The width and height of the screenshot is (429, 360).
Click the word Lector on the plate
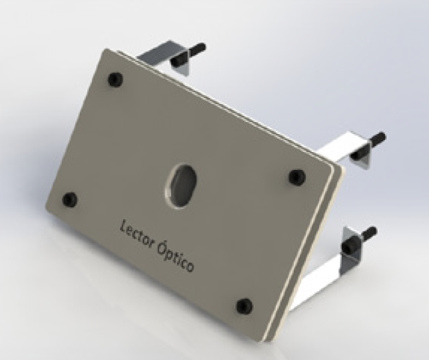(137, 233)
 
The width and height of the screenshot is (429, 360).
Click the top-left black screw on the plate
(115, 79)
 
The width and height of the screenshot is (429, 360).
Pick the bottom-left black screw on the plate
(70, 199)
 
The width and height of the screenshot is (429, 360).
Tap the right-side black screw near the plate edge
(297, 177)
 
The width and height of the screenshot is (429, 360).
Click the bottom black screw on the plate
(244, 307)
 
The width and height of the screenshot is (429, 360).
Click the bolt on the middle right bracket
(368, 146)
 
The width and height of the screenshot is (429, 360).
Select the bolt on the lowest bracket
(359, 240)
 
